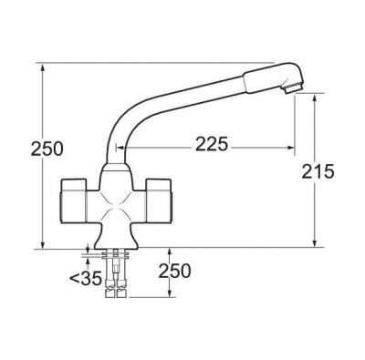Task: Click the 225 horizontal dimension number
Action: point(211,143)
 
